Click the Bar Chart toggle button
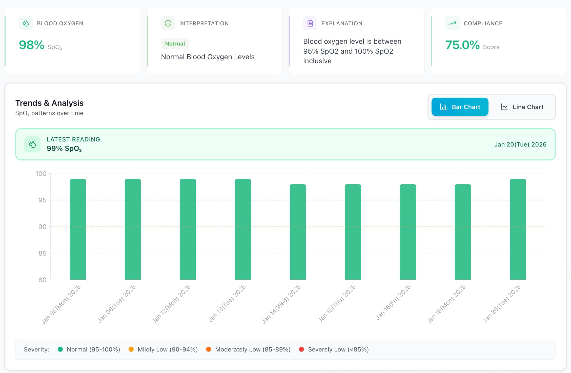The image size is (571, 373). (x=460, y=107)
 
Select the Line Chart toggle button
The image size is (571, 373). (x=522, y=107)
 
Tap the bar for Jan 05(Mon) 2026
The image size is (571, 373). (x=78, y=229)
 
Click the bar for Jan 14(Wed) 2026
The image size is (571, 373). (x=298, y=232)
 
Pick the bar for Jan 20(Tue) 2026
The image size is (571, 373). (x=518, y=229)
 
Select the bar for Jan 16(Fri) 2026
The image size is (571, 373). (x=408, y=232)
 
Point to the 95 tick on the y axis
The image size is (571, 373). (x=42, y=200)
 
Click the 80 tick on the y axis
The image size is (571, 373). (x=42, y=280)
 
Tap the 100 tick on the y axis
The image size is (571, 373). (x=41, y=174)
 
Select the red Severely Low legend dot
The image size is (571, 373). (x=301, y=349)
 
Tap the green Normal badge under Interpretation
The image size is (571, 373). (x=175, y=44)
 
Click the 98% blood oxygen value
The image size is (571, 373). (x=32, y=45)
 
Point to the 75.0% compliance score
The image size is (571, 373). (x=462, y=45)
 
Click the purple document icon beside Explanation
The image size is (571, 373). (x=310, y=23)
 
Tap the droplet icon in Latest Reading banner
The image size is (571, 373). (x=32, y=144)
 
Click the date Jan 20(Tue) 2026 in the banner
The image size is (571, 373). (x=520, y=144)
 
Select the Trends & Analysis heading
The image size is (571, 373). (x=49, y=103)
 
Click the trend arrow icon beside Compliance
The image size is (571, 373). (x=452, y=23)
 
